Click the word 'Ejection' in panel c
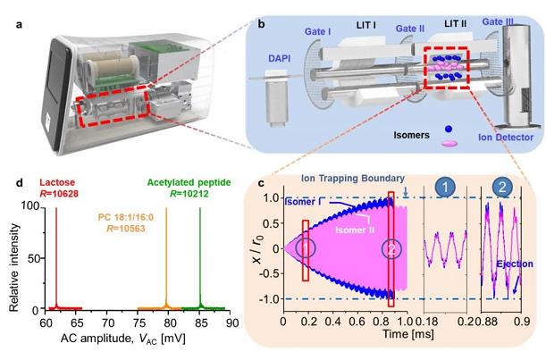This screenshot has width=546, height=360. [509, 264]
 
